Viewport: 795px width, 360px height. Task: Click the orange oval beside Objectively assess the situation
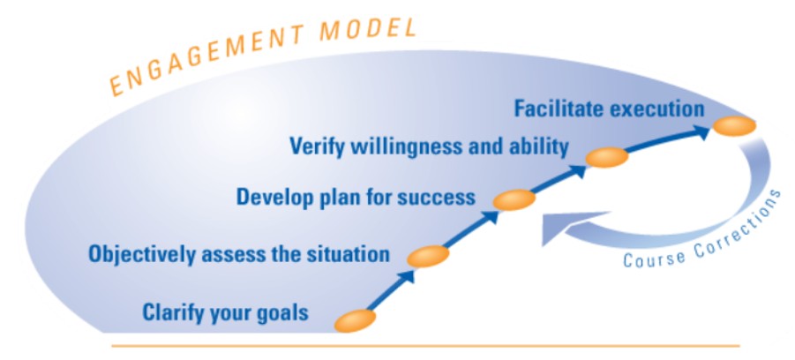click(x=428, y=256)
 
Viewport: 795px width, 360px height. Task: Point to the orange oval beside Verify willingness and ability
click(x=606, y=157)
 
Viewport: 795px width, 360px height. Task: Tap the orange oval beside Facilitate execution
click(x=734, y=126)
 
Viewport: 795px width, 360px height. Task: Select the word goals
click(x=281, y=313)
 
